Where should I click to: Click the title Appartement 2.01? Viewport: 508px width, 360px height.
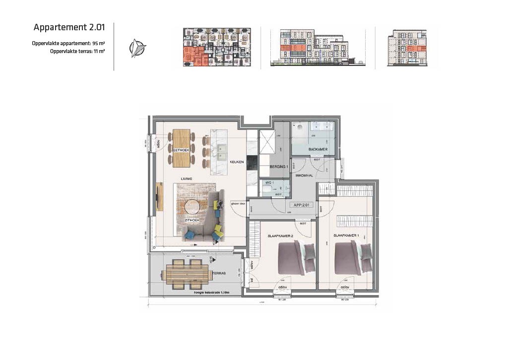[69, 27]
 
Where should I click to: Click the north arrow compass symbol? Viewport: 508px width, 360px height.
[137, 48]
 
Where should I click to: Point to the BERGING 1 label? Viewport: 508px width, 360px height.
[279, 167]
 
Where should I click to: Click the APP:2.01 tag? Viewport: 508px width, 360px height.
[302, 204]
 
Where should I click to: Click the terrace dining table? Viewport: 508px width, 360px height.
[187, 273]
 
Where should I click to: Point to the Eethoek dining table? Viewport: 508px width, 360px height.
[182, 147]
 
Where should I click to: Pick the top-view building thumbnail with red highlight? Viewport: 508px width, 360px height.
[217, 47]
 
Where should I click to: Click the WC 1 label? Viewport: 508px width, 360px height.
[269, 183]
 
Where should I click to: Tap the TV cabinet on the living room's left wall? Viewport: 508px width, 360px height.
[159, 197]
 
